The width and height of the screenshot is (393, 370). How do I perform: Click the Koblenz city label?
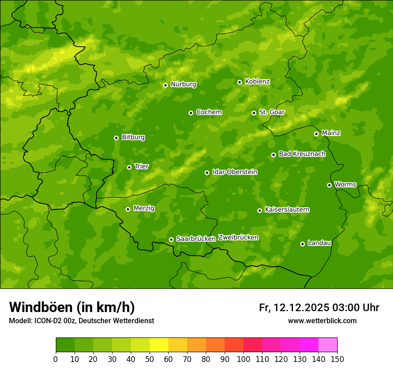[257, 82]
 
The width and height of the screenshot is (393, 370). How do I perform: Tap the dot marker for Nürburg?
[165, 85]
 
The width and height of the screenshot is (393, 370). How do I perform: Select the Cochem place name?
[209, 112]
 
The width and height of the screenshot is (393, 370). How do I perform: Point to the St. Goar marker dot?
[254, 113]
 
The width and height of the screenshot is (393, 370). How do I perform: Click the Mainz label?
[331, 133]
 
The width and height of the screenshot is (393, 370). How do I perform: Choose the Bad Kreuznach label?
[302, 154]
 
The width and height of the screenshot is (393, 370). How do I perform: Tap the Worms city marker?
[329, 185]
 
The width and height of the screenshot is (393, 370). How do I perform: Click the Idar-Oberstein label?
[234, 172]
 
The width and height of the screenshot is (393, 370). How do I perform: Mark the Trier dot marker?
[129, 167]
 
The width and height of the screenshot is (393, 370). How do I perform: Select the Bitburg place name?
[133, 137]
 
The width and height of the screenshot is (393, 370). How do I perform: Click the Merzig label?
[144, 208]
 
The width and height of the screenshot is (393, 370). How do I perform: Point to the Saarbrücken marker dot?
[171, 239]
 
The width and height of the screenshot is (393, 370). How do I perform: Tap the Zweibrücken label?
[238, 238]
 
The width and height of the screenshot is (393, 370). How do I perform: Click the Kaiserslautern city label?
[287, 210]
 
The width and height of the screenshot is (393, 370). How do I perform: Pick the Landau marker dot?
[302, 244]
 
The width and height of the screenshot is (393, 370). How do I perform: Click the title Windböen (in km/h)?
[71, 308]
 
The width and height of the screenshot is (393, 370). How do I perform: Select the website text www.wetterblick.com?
[322, 321]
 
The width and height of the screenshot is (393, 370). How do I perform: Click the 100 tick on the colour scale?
[243, 359]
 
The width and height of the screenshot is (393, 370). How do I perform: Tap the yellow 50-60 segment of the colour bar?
[159, 345]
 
